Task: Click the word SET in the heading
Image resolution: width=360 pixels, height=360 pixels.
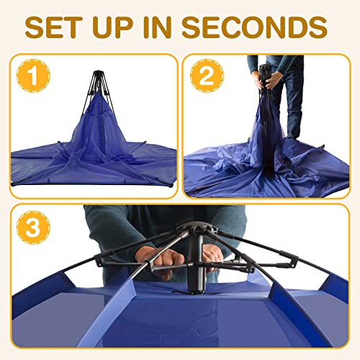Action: click(65, 27)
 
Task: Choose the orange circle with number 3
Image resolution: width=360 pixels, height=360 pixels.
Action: click(32, 229)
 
